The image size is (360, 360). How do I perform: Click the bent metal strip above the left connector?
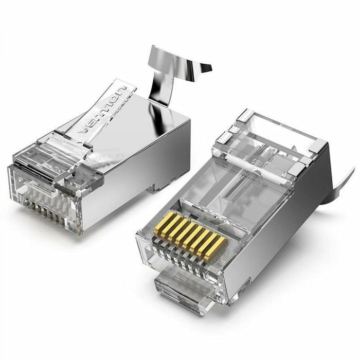[170, 67]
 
